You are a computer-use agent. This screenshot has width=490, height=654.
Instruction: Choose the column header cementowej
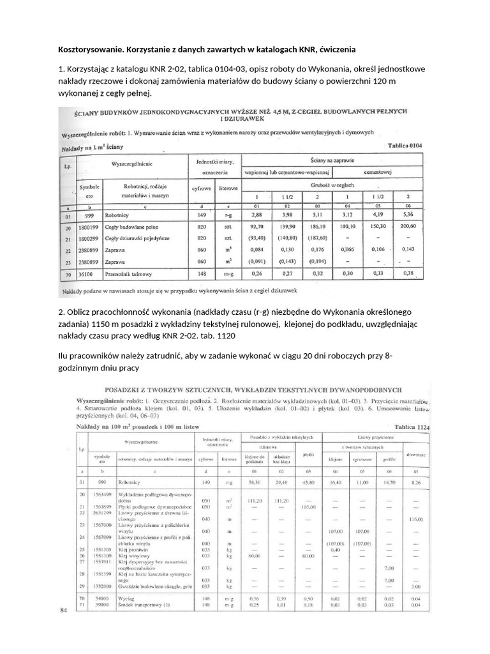pos(376,172)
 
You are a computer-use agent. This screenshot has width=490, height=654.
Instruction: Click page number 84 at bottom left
pos(63,610)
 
